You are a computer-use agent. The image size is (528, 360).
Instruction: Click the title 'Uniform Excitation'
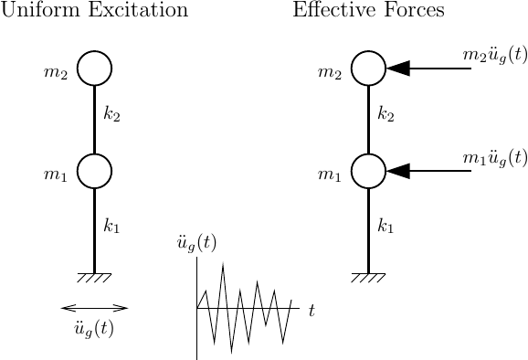click(x=95, y=12)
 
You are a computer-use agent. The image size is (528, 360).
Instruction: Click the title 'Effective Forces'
click(x=368, y=12)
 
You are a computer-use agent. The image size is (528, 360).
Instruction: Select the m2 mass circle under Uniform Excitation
click(x=94, y=69)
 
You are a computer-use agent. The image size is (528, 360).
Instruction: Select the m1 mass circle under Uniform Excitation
click(x=94, y=171)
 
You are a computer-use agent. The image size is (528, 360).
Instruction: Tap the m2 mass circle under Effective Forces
click(x=368, y=69)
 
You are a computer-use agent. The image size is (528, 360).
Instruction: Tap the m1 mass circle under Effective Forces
click(x=368, y=171)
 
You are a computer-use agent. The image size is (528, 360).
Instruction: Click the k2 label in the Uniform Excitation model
click(x=112, y=116)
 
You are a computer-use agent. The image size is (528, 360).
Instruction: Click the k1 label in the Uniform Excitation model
click(x=112, y=225)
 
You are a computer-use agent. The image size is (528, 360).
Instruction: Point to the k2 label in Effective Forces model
click(x=386, y=116)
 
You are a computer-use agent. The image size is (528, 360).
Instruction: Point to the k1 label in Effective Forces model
click(x=386, y=225)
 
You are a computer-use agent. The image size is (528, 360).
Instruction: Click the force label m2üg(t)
click(x=494, y=55)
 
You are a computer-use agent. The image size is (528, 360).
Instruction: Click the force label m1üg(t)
click(x=494, y=157)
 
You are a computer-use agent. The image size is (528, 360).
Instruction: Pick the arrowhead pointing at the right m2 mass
click(x=398, y=69)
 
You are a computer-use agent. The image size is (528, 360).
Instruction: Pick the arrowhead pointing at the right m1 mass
click(x=398, y=171)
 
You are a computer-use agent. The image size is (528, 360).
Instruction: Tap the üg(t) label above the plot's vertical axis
click(x=196, y=244)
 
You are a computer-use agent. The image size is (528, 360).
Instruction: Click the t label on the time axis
click(x=312, y=311)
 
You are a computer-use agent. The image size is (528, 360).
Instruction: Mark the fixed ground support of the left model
click(x=94, y=277)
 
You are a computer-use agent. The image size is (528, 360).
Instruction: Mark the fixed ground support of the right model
click(x=368, y=277)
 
